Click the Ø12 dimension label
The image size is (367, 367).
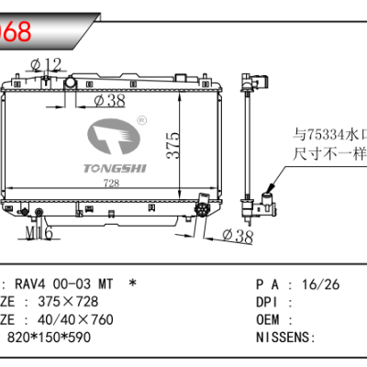(45, 63)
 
